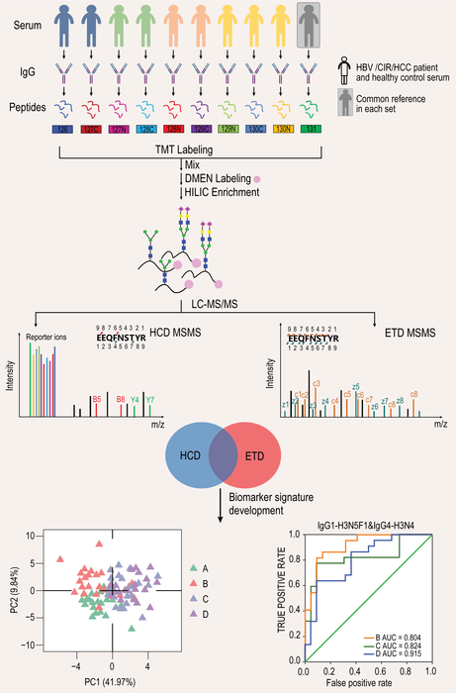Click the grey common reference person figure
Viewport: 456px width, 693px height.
(312, 34)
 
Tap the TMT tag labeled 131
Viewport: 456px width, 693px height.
(312, 131)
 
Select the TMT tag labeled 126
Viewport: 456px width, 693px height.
(63, 131)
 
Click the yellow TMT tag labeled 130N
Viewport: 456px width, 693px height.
(281, 131)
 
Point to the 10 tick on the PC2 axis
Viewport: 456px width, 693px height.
(58, 535)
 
